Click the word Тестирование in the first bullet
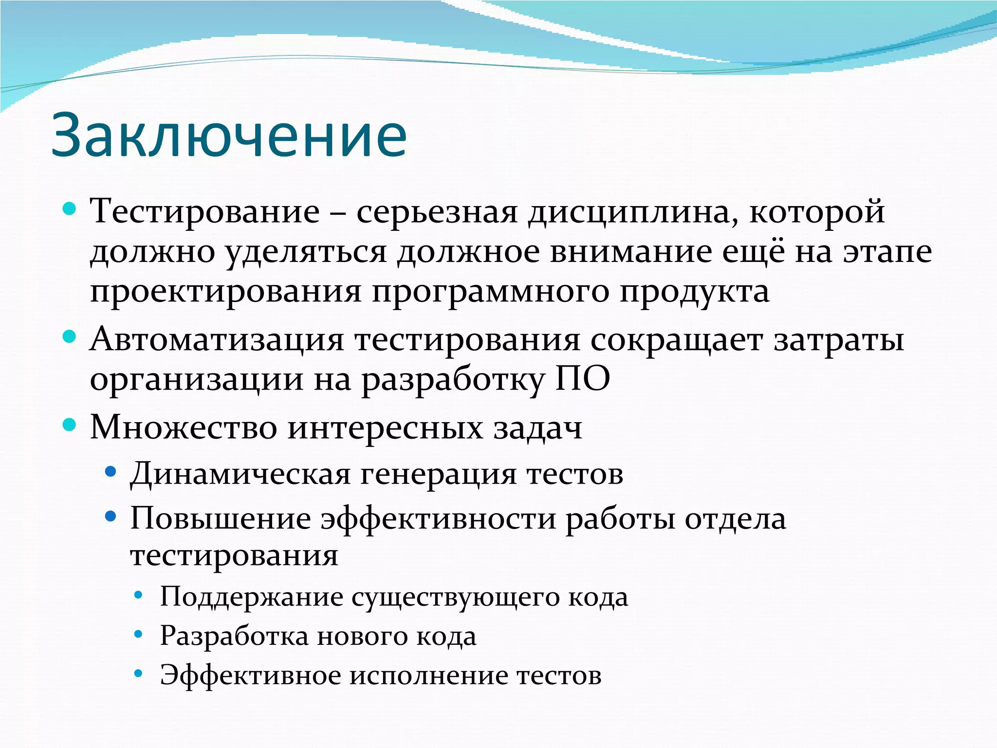click(x=205, y=212)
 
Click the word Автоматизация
click(x=217, y=339)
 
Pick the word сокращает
click(x=676, y=340)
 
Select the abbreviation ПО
click(x=583, y=379)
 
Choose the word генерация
click(x=438, y=473)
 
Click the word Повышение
click(x=221, y=519)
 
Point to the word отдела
click(x=735, y=519)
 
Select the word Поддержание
click(x=251, y=597)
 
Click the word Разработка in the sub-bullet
click(x=234, y=636)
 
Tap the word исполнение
click(x=428, y=675)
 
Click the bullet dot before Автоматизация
click(x=70, y=337)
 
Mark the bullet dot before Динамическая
click(x=111, y=471)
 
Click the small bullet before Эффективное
click(x=138, y=673)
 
